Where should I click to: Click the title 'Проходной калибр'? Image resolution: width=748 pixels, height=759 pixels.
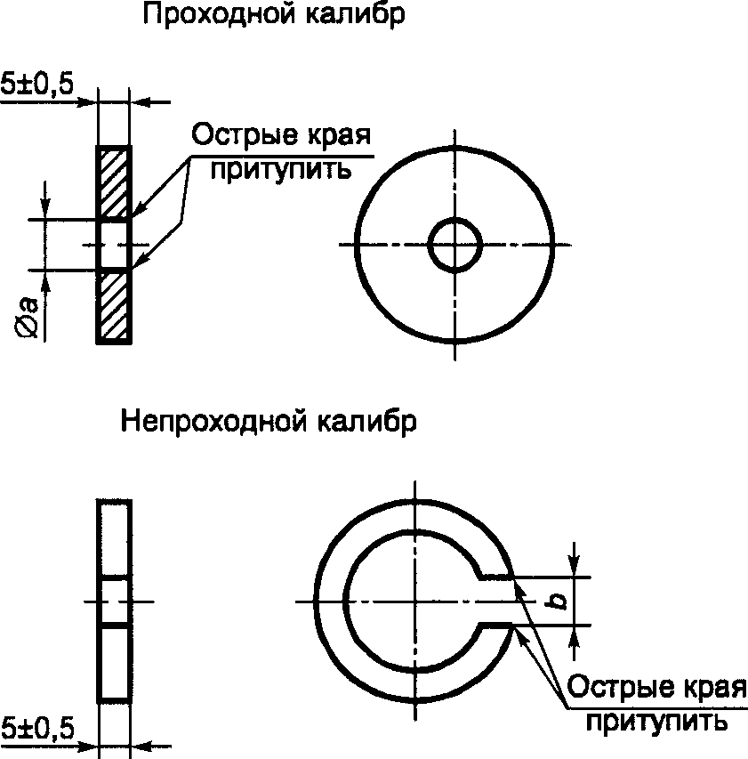(x=273, y=17)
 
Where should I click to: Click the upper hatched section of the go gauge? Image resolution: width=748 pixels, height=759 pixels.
(x=114, y=182)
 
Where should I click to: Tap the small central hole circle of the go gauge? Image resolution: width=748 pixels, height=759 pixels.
(x=454, y=244)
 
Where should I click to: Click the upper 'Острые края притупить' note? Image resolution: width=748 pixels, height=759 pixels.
(x=280, y=150)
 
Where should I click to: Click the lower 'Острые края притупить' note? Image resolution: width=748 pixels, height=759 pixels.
(x=656, y=703)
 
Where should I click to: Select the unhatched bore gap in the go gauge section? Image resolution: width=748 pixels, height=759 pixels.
(x=114, y=244)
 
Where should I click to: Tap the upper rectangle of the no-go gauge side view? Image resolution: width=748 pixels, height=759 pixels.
(x=115, y=539)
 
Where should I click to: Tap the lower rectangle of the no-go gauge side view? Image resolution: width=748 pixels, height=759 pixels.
(x=115, y=663)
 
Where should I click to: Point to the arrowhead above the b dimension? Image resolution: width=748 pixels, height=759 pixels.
(x=575, y=566)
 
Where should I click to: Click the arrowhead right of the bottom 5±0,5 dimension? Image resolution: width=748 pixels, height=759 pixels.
(x=141, y=745)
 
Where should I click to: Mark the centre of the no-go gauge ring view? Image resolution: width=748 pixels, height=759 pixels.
(x=414, y=602)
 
